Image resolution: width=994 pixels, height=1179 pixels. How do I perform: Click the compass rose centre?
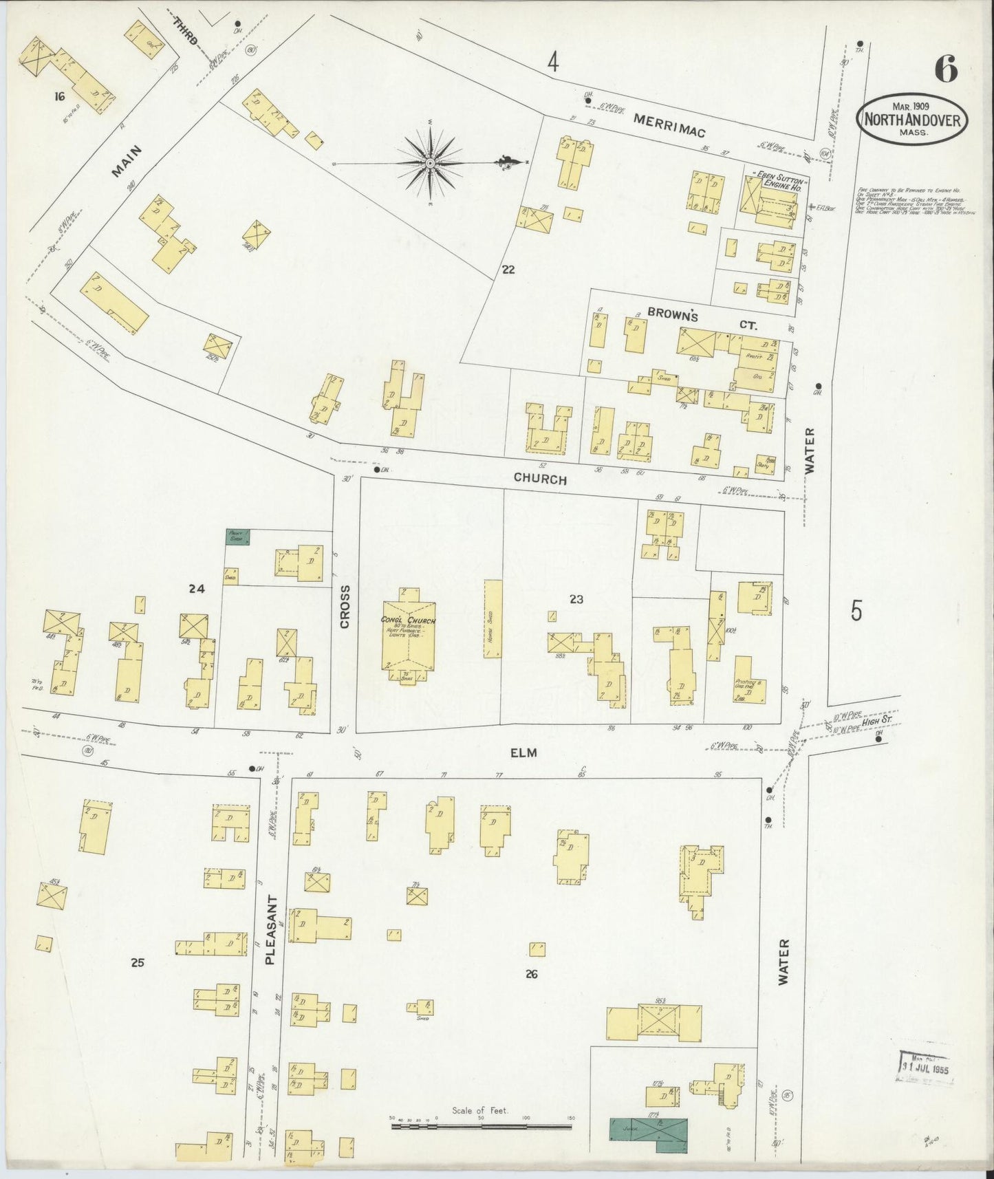coord(429,163)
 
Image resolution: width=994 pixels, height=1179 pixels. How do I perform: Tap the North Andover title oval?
coord(911,118)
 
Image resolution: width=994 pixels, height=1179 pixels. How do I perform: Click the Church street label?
coord(540,479)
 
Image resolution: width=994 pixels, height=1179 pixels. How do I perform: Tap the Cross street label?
coord(345,606)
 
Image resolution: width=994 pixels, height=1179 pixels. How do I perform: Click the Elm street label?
coord(523,753)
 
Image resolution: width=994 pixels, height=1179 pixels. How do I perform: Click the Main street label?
coord(125,161)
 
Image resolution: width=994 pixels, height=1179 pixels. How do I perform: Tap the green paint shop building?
coord(238,538)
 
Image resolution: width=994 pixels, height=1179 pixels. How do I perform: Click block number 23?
coord(576,600)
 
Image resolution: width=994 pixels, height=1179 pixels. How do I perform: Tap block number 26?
coord(530,974)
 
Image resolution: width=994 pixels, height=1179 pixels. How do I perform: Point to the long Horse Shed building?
coord(493,618)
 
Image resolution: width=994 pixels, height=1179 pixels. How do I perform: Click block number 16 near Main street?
coord(61,97)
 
